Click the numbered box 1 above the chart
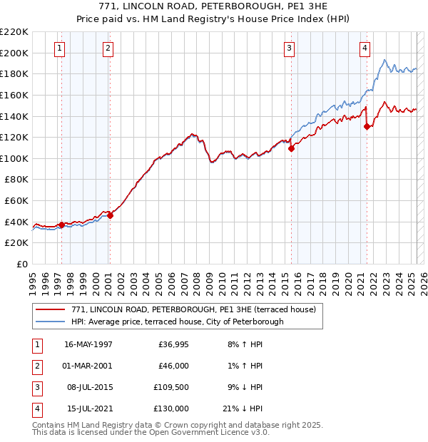58,48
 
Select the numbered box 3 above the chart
289,48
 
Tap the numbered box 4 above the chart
365,48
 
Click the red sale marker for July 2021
367,127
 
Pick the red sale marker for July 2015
292,149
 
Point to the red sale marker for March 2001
111,215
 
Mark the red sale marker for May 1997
62,225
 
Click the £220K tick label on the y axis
14,32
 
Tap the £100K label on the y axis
14,158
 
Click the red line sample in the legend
51,309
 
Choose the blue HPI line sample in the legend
51,322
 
